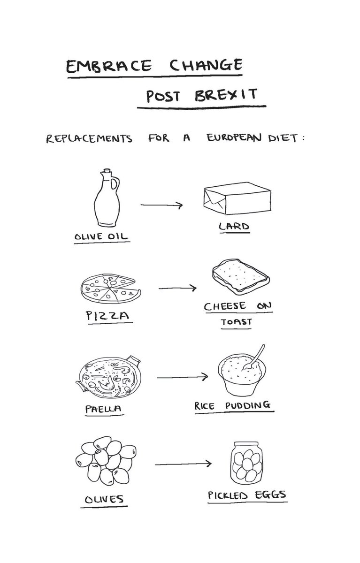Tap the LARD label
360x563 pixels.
tap(233, 227)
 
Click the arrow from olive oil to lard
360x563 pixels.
tap(161, 205)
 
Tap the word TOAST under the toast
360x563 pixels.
tap(237, 322)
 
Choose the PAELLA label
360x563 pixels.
tap(104, 408)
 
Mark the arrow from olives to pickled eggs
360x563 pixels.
tap(183, 464)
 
